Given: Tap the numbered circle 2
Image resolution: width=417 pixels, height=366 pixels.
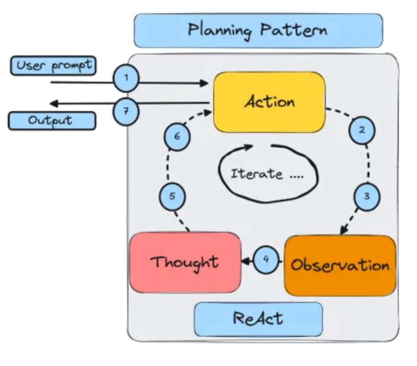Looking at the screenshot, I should [x=362, y=130].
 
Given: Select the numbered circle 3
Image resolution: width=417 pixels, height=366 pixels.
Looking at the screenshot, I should [x=367, y=197].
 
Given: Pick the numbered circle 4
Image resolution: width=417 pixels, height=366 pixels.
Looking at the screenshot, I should [x=266, y=260].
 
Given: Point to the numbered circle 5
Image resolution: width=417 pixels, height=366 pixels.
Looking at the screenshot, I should [x=172, y=197].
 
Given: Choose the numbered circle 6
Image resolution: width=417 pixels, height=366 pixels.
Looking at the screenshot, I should [x=177, y=136].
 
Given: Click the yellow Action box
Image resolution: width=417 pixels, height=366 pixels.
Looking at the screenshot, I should [x=269, y=102].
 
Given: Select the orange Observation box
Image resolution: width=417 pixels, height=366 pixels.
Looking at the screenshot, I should [x=340, y=265].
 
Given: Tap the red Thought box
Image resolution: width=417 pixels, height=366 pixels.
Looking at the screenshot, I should [x=185, y=262].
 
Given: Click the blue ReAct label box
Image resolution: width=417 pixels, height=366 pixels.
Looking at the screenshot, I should [x=258, y=319].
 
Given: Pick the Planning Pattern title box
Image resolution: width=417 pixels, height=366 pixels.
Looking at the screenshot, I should [x=258, y=30].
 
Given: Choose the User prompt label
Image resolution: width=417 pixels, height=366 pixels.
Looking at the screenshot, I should [x=53, y=66].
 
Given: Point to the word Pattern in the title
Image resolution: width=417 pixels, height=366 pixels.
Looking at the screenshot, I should [x=294, y=30].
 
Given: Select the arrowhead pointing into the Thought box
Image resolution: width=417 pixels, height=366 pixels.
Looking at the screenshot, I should [x=245, y=261].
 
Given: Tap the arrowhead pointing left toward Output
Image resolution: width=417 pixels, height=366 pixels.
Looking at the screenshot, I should [x=53, y=103].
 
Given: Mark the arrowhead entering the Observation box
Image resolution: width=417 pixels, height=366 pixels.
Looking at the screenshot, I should [x=344, y=231].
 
